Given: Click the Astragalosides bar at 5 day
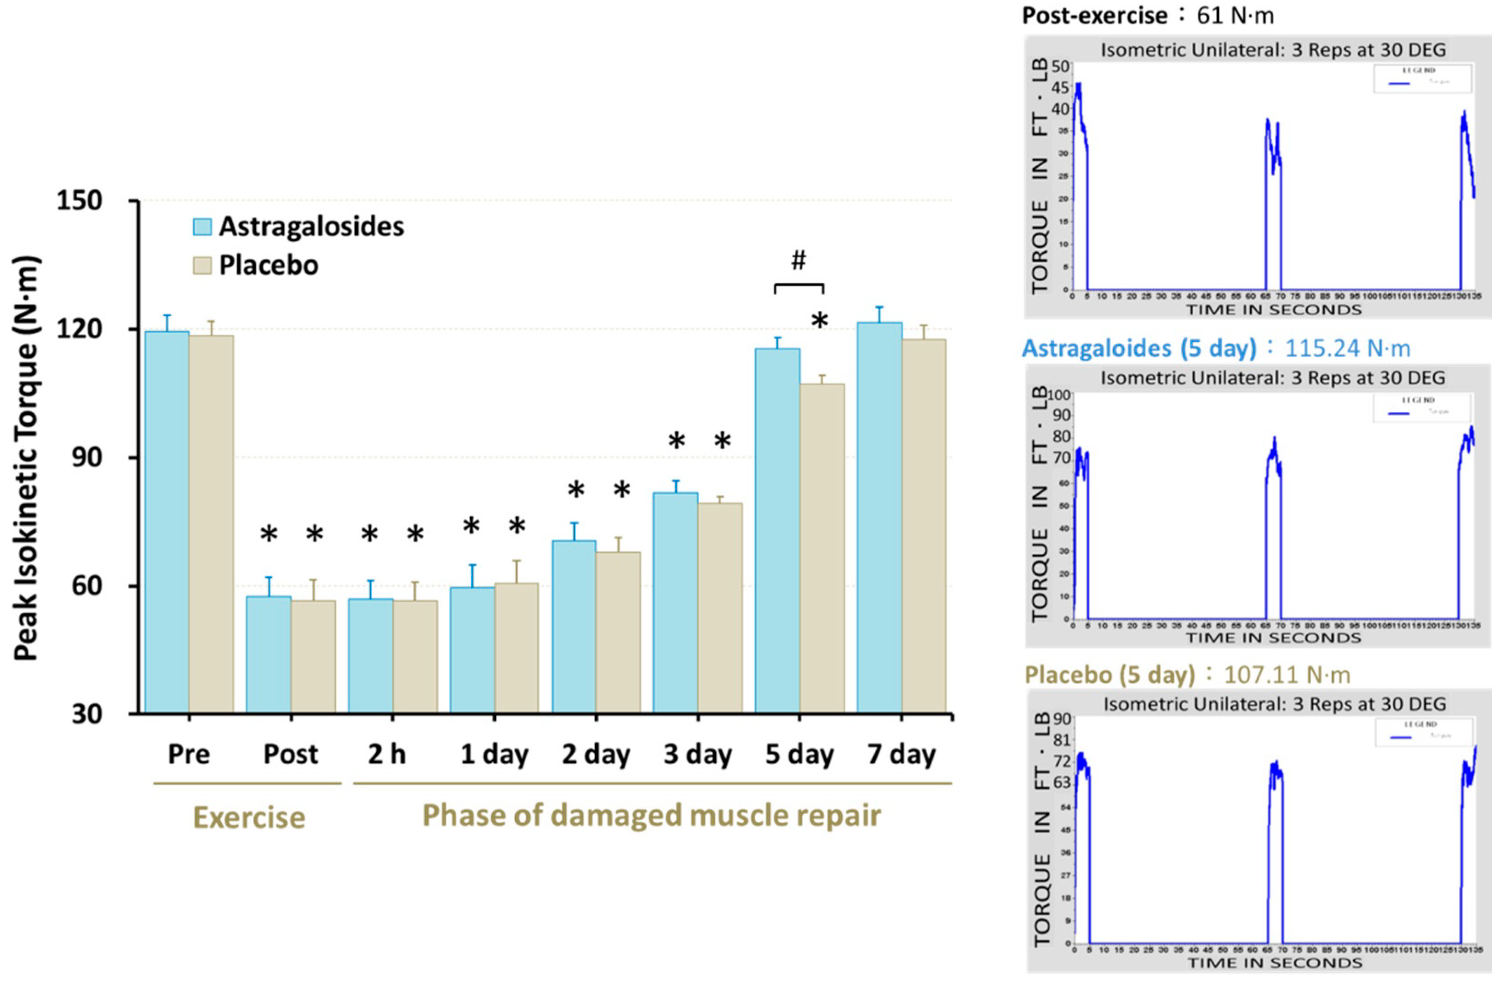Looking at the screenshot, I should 778,530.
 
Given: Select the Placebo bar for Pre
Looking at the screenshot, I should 211,523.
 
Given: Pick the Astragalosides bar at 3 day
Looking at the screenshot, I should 676,602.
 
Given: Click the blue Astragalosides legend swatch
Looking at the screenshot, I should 201,227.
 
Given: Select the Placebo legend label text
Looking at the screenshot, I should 269,265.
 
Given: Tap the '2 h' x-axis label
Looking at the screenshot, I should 386,754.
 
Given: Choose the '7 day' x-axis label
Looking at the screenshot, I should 901,754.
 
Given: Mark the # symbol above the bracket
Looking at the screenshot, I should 799,260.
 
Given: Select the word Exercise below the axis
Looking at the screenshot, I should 249,817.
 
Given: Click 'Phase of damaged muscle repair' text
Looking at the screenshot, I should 651,815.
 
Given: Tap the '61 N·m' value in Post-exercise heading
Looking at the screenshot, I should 1236,15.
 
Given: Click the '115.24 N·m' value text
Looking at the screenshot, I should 1347,348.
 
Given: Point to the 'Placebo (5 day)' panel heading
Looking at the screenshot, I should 1109,675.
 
